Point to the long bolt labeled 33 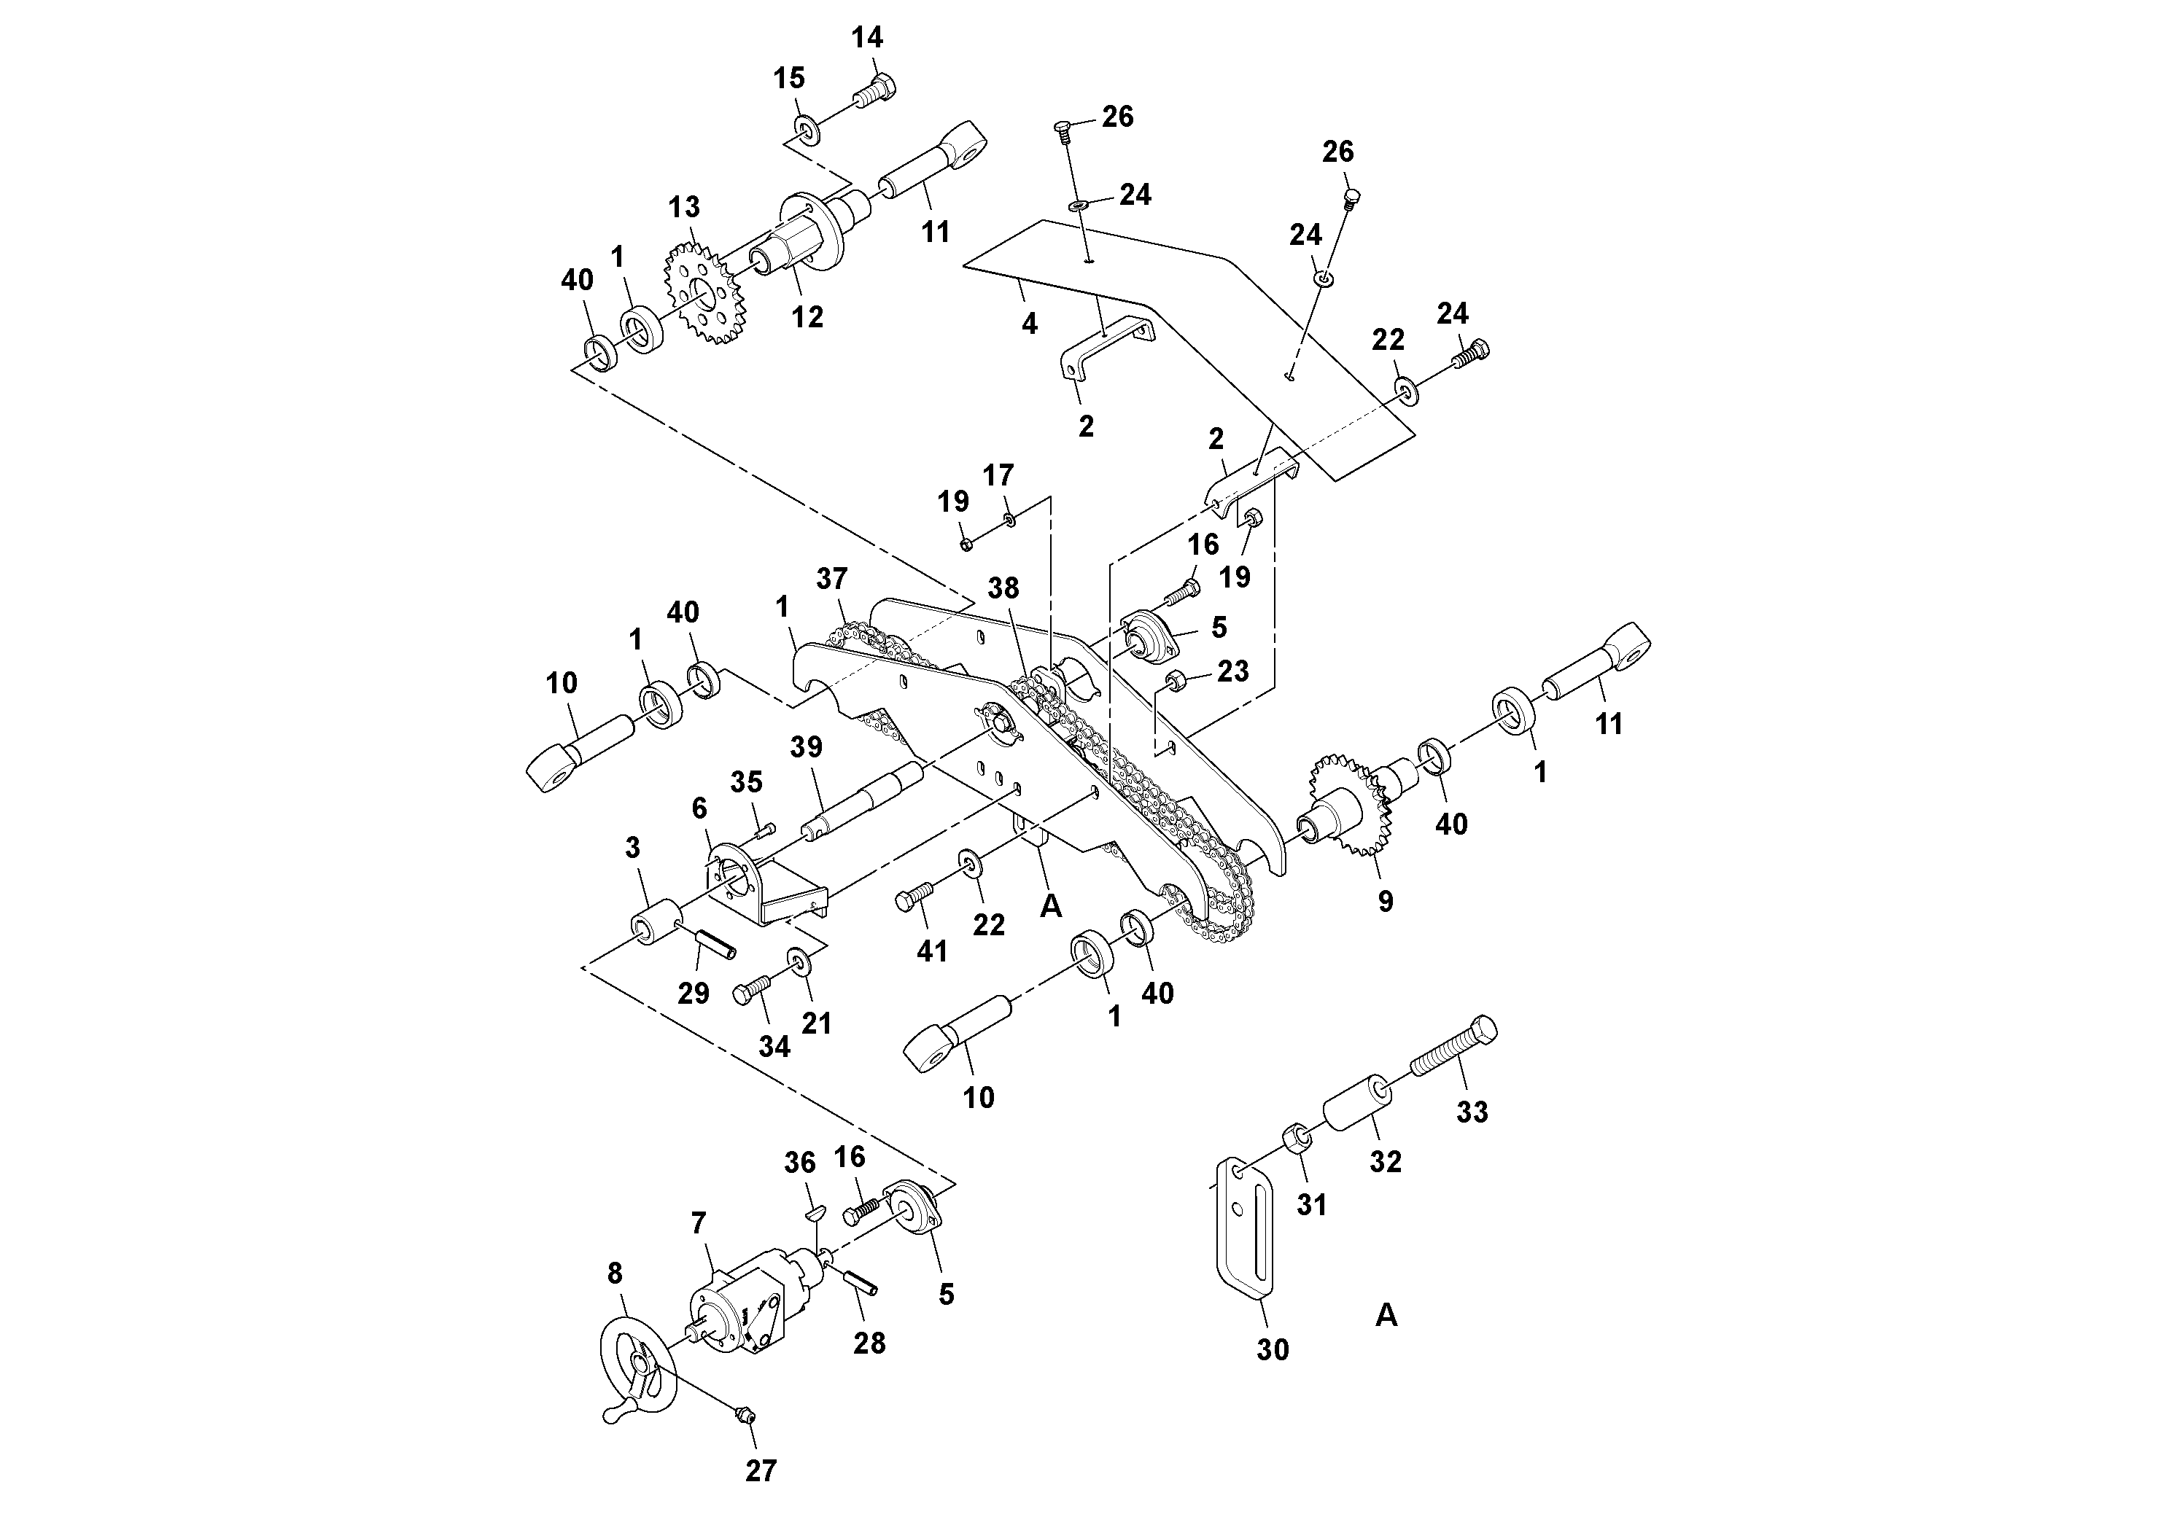click(1451, 1048)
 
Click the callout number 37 click(832, 578)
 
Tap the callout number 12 click(807, 316)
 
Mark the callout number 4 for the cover click(1030, 323)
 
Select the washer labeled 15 click(807, 128)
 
